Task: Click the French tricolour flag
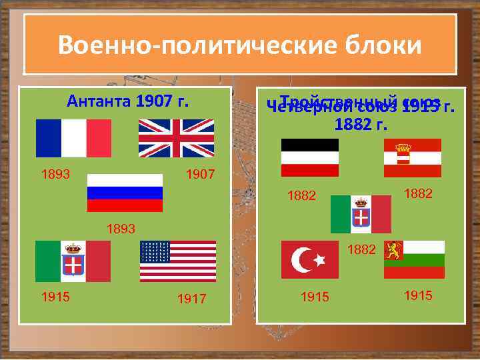[x=73, y=138]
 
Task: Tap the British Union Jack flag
[x=176, y=138]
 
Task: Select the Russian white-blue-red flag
[x=125, y=193]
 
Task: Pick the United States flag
[x=178, y=261]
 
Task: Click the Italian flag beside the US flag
[x=73, y=261]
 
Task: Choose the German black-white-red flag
[x=310, y=157]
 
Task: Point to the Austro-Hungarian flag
[x=413, y=157]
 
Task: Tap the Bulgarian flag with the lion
[x=414, y=260]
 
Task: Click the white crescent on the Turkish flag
[x=303, y=259]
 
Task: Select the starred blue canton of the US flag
[x=155, y=252]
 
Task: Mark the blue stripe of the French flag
[x=49, y=138]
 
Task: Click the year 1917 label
[x=192, y=300]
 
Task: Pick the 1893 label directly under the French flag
[x=55, y=175]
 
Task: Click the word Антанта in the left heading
[x=99, y=102]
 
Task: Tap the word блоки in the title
[x=384, y=45]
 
